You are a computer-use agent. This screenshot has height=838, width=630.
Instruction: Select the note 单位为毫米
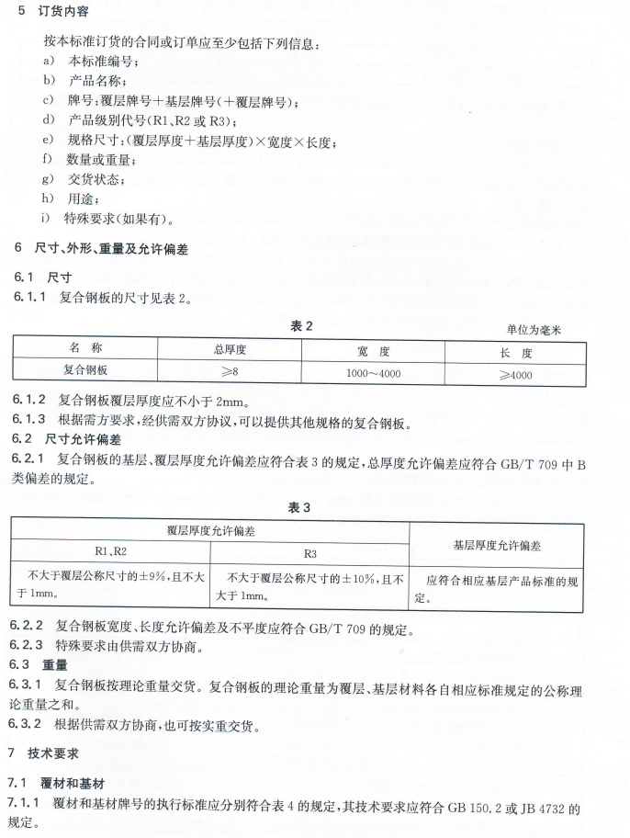pos(532,328)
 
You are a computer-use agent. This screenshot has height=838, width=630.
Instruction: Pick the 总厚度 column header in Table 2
pos(230,350)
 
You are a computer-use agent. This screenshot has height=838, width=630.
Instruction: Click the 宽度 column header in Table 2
pos(374,351)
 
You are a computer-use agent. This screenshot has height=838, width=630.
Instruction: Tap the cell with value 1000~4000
pos(374,373)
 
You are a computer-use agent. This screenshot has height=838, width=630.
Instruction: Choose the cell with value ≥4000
pos(515,374)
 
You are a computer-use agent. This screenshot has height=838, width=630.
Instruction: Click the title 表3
pos(300,508)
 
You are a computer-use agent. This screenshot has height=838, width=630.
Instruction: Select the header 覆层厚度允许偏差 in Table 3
pos(208,531)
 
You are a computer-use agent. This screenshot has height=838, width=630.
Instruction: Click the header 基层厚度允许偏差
pos(497,544)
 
